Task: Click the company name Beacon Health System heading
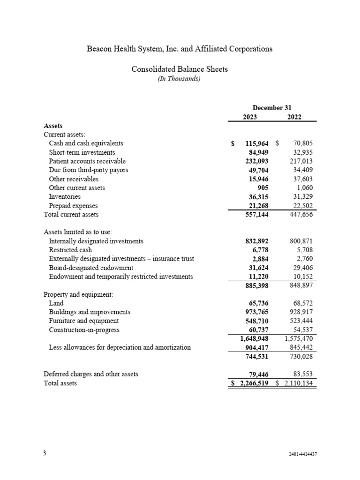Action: coord(180,49)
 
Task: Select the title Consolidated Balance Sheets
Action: coord(180,69)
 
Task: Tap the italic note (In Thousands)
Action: coord(180,79)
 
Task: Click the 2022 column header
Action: coord(294,117)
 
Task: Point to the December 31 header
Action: coord(272,108)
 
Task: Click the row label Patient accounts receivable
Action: coord(87,161)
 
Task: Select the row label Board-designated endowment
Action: coord(91,268)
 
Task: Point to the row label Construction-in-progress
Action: coord(84,330)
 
